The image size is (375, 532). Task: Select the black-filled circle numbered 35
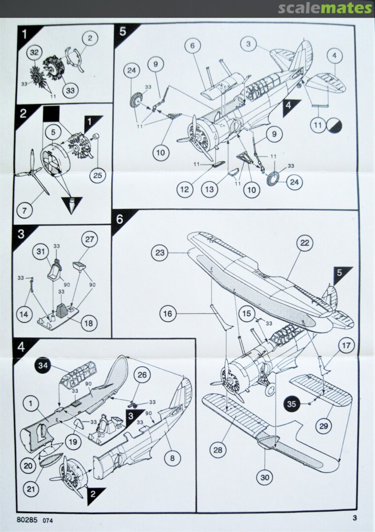pos(293,404)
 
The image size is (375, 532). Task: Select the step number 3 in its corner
pos(21,234)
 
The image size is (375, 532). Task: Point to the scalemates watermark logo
pos(325,8)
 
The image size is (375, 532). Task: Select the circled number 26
pos(141,376)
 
